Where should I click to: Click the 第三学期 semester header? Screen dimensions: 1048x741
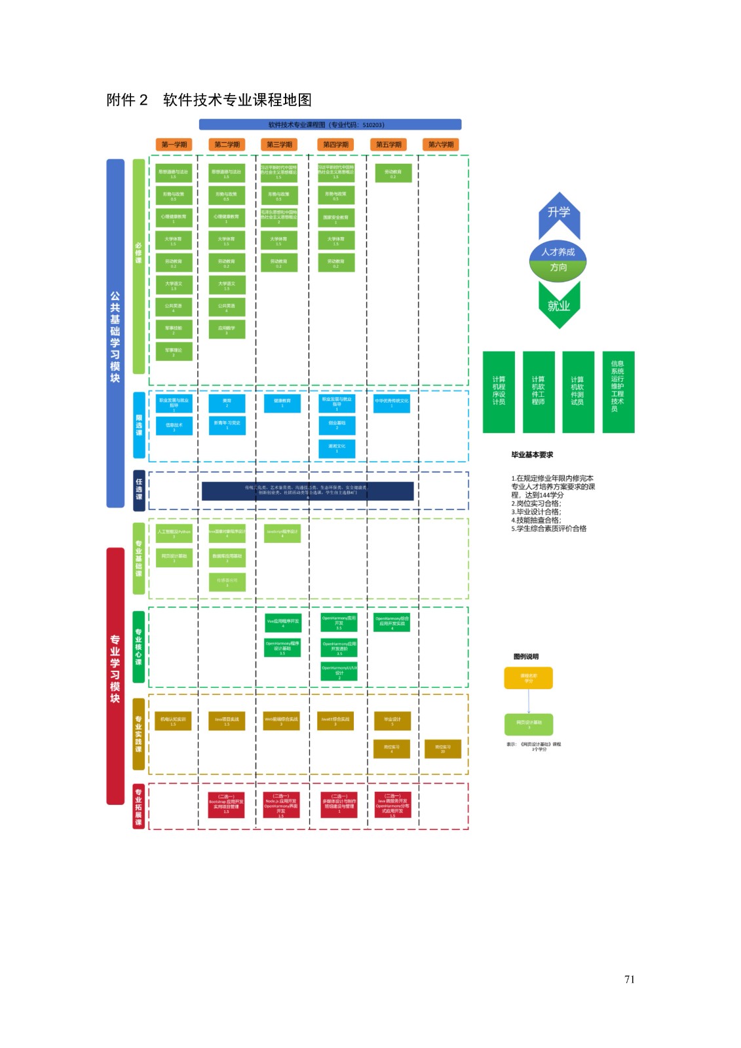point(280,145)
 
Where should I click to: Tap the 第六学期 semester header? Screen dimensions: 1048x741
point(441,145)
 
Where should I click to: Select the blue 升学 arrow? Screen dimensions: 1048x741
point(559,214)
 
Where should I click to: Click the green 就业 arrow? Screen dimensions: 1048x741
point(559,305)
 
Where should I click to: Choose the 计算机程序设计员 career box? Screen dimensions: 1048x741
point(499,392)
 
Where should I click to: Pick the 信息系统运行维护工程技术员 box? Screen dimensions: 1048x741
point(618,392)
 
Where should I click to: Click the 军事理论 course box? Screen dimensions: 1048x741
point(174,352)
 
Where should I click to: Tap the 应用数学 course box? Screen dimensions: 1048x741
point(227,329)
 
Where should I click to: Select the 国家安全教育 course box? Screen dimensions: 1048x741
point(336,218)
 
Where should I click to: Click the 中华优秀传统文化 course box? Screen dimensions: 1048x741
point(392,403)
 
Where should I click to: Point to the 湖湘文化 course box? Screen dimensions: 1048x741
point(337,448)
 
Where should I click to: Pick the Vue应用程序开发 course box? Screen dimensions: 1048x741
point(282,623)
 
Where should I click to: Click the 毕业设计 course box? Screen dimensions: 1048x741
point(392,720)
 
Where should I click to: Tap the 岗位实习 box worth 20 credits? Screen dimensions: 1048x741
point(443,749)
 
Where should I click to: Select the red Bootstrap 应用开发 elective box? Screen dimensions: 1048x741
point(226,804)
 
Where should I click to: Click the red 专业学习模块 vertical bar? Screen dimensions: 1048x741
point(115,675)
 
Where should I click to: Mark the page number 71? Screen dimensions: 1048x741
point(629,979)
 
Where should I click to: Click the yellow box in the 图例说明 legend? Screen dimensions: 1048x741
point(528,678)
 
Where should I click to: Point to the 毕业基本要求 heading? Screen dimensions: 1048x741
point(532,455)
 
